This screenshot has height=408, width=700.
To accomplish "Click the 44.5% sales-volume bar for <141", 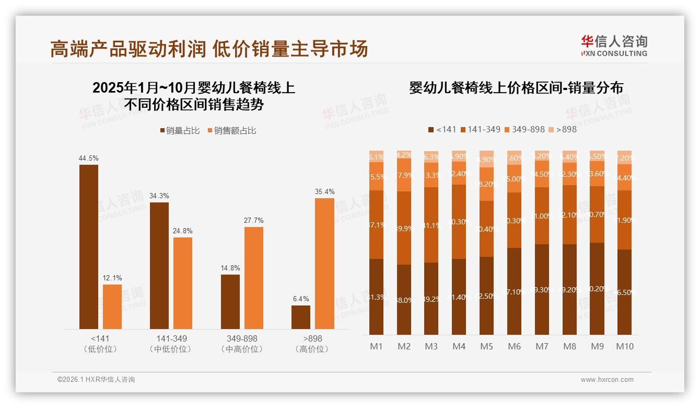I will tap(89, 246).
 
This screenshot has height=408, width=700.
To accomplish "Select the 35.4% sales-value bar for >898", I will tap(324, 263).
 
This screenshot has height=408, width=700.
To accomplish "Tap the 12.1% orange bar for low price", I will tap(112, 307).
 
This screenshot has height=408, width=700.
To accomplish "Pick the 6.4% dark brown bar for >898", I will tap(301, 317).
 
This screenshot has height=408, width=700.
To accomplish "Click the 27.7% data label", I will tap(253, 221).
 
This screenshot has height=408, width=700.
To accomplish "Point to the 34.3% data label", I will tap(159, 196).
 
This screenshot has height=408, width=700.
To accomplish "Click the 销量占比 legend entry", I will tap(180, 131).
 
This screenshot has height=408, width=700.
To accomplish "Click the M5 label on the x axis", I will tap(486, 346).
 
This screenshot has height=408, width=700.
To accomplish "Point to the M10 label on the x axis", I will tap(624, 346).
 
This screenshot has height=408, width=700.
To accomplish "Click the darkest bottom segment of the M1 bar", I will tap(376, 297).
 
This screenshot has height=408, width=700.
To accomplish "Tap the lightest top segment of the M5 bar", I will tap(486, 158).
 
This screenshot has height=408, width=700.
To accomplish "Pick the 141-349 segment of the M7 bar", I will tap(542, 216).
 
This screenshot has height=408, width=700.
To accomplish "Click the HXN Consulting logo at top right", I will tap(614, 46).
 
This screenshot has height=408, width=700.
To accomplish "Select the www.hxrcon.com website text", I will tap(607, 380).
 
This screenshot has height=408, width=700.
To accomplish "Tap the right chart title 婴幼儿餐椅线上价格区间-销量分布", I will tap(516, 88).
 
